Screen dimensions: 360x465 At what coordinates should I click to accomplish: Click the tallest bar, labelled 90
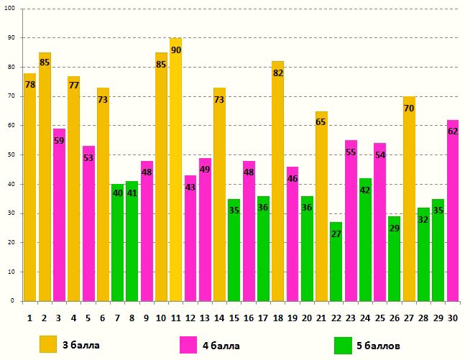(175, 172)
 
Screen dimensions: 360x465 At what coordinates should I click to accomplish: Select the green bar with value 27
(336, 262)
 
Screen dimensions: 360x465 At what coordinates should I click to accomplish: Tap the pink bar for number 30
(452, 212)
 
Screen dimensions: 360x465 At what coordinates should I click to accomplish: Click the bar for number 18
(277, 183)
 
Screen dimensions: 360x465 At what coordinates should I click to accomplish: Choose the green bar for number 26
(394, 259)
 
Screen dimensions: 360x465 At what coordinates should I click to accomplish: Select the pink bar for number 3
(59, 216)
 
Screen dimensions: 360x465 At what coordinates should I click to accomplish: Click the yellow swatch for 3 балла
(48, 344)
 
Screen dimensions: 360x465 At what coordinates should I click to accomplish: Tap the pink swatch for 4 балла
(188, 345)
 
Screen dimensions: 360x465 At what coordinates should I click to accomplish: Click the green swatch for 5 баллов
(343, 345)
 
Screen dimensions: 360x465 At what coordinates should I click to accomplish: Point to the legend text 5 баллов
(378, 346)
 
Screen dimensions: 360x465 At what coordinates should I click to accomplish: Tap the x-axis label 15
(234, 317)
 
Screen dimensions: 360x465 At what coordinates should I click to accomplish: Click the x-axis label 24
(365, 317)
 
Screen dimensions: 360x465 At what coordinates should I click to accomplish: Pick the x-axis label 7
(117, 317)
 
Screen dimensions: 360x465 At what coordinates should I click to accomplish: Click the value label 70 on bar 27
(408, 109)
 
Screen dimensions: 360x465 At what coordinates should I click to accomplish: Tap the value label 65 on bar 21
(321, 122)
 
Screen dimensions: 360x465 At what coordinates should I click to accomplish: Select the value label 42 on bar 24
(364, 190)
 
